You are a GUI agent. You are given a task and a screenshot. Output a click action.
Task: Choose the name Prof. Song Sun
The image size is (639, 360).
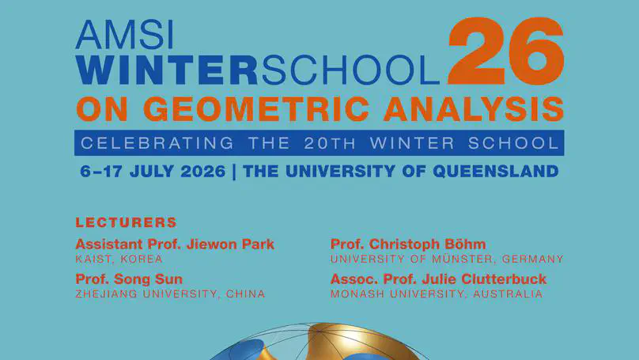pos(129,279)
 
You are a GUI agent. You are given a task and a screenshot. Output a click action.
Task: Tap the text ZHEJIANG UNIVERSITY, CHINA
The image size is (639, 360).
pos(170,294)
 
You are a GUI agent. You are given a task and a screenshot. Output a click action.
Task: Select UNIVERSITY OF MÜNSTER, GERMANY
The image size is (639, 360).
pos(447,259)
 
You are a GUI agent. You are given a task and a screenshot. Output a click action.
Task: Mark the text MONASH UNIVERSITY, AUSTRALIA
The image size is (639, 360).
pos(437,294)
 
